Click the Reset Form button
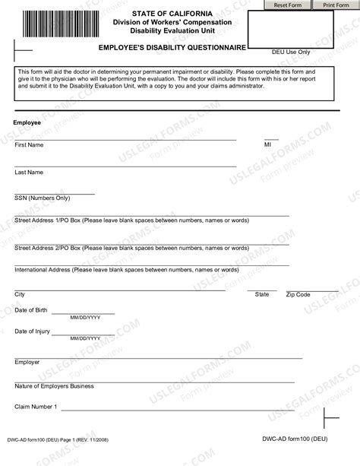(288, 5)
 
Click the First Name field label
(29, 144)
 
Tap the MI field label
(267, 144)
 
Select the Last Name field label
(29, 172)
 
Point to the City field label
(20, 294)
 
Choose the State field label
(262, 294)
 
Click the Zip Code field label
(298, 294)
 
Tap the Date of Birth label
(31, 310)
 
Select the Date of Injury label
(33, 331)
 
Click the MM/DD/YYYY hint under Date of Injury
(85, 338)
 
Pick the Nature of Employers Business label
(55, 386)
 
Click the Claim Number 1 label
(36, 407)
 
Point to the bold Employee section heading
(27, 122)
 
